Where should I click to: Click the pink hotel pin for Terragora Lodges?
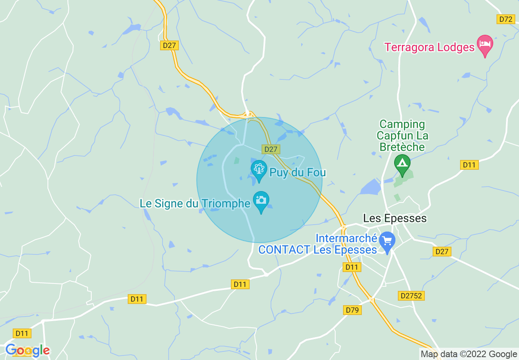(485, 44)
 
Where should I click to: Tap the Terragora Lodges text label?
(429, 47)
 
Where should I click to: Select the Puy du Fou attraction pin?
(259, 169)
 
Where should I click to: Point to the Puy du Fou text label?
(298, 172)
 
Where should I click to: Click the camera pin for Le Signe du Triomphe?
(261, 200)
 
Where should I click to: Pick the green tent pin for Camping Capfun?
(402, 164)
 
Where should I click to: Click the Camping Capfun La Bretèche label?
(402, 135)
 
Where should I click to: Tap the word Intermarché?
(346, 238)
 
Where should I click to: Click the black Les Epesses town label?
(395, 218)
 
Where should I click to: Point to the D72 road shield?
(506, 19)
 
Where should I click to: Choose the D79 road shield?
(352, 310)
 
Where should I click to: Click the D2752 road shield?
(411, 295)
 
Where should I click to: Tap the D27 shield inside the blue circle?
(271, 149)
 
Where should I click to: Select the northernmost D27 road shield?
(169, 45)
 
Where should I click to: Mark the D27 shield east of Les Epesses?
(442, 252)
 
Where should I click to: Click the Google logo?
(27, 350)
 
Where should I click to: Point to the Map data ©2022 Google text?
(469, 354)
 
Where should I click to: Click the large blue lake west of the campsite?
(372, 187)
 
